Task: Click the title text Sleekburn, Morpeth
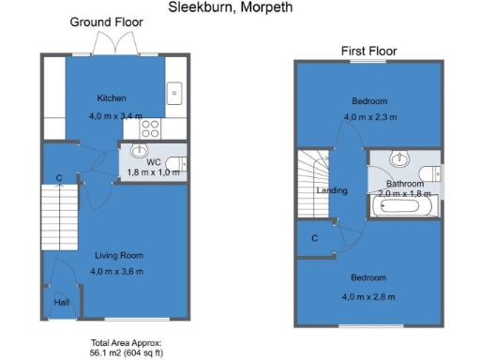230,7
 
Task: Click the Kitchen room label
112,98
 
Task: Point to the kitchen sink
174,93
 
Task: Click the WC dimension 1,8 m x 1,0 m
153,172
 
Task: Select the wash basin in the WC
142,152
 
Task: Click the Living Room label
118,255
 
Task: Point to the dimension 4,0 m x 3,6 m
118,271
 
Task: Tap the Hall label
61,303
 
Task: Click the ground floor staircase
58,216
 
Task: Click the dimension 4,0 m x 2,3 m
369,116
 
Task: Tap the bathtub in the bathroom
401,205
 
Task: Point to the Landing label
332,190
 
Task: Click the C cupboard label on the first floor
314,238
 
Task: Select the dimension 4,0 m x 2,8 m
369,297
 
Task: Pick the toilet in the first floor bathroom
429,172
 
